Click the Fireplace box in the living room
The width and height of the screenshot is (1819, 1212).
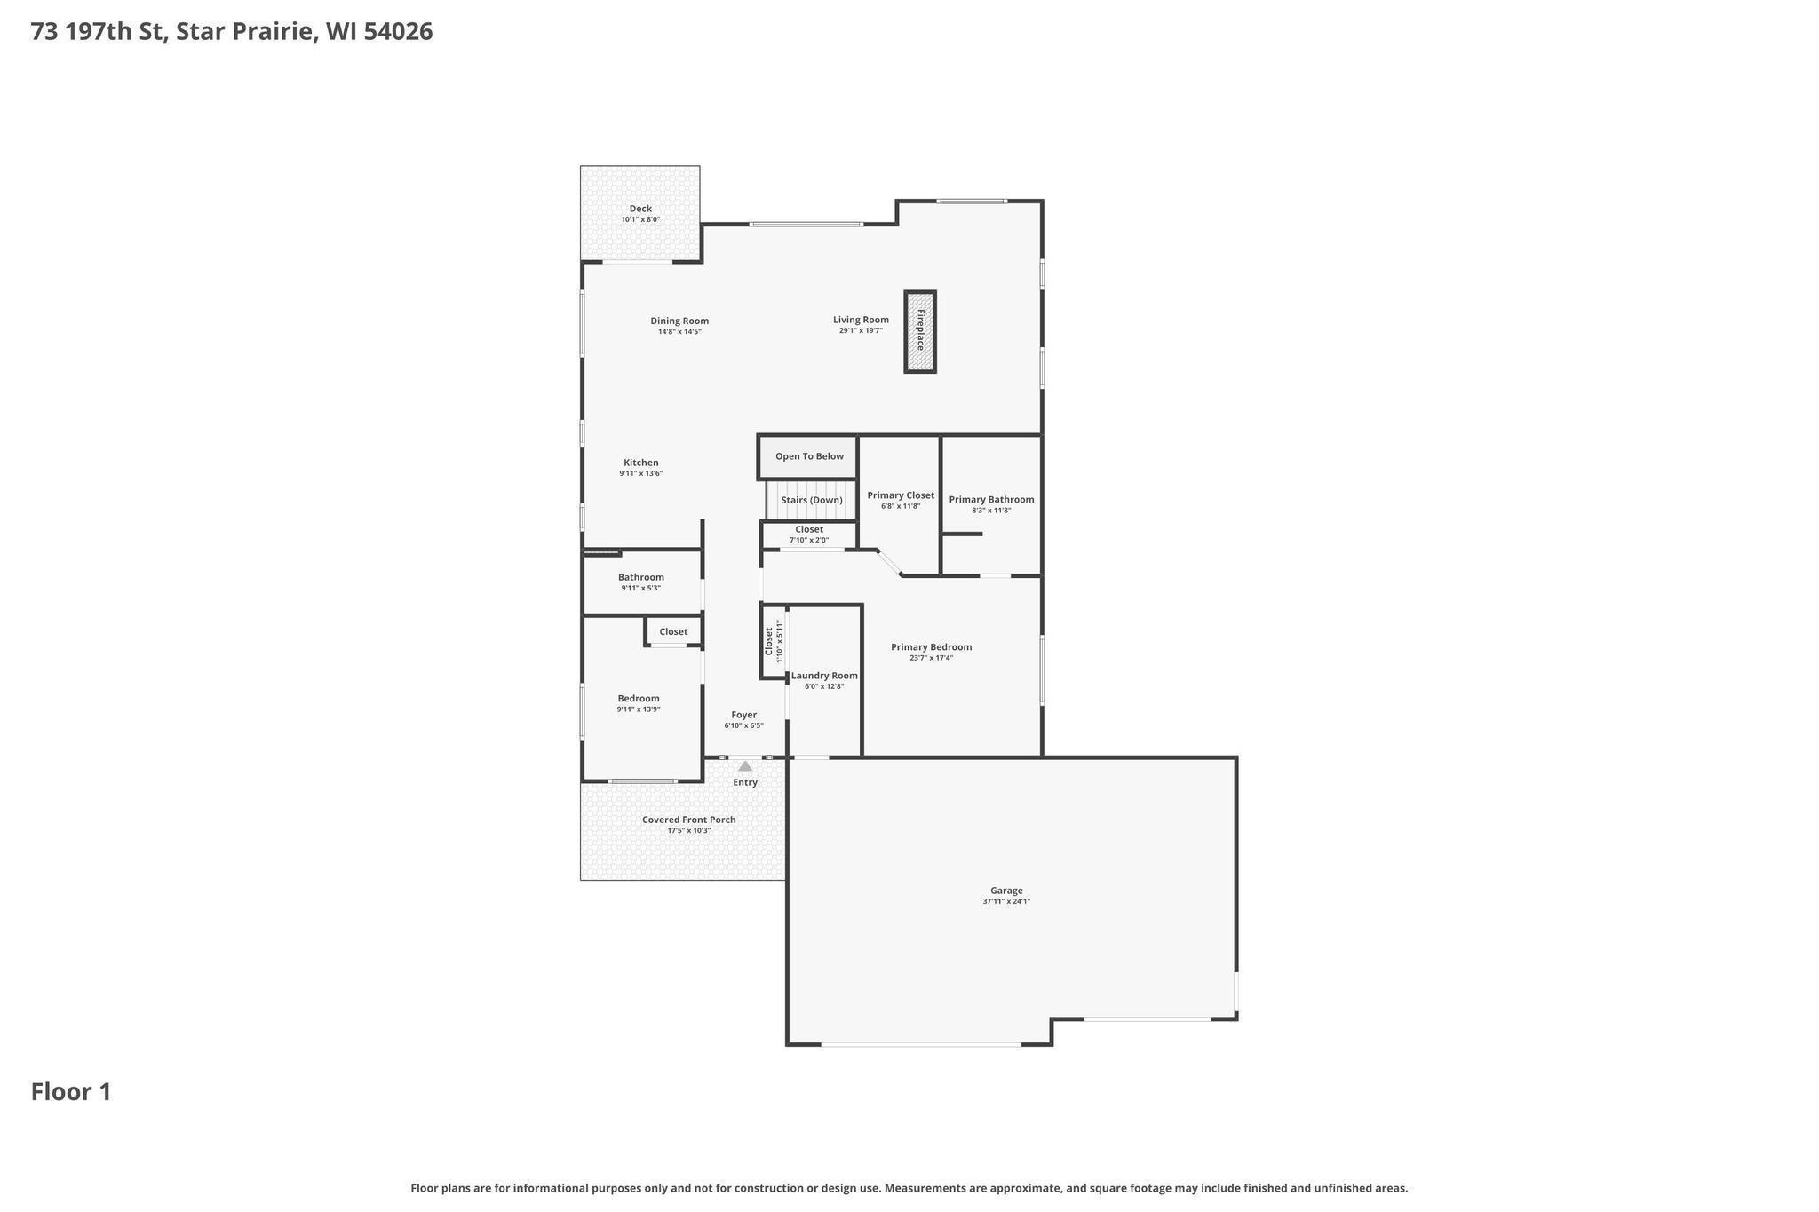pos(920,331)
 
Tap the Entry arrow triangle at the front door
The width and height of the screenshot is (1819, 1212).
pos(745,765)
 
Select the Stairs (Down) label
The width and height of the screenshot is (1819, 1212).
pos(812,500)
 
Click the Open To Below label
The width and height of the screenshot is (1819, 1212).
pos(809,456)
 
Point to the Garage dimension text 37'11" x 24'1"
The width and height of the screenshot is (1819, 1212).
pos(1006,901)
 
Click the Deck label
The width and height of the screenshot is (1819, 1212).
pos(640,209)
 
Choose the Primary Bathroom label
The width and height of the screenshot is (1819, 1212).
pos(991,499)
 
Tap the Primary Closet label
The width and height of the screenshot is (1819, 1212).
pos(901,495)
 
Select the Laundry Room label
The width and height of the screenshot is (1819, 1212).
pos(824,676)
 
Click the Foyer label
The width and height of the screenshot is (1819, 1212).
pos(744,715)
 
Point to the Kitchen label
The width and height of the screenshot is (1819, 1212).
pos(641,463)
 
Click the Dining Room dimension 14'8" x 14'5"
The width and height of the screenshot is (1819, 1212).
pos(679,332)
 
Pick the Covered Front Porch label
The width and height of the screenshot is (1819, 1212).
pos(689,820)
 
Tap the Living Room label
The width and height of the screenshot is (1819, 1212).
pos(861,320)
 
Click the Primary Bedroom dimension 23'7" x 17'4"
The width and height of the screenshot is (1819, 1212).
pos(931,658)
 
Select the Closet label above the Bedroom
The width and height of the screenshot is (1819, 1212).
pos(673,631)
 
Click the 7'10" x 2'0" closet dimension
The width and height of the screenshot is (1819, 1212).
pos(809,540)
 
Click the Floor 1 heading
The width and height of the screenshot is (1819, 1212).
pos(71,1091)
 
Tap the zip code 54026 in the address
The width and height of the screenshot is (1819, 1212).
pos(398,31)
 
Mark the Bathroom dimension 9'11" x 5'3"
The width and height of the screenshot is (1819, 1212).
pos(641,588)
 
